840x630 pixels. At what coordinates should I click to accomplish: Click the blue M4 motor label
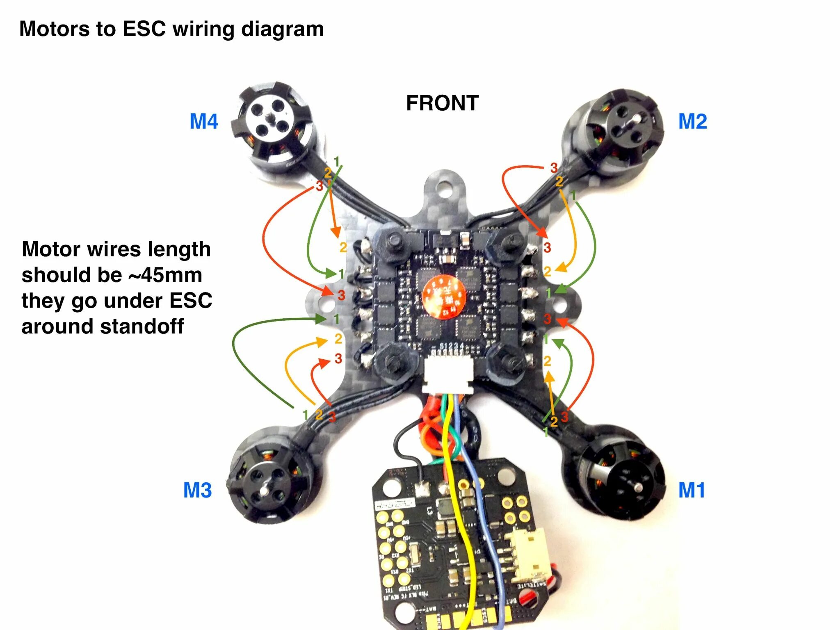[204, 121]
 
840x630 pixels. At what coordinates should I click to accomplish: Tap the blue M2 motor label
[692, 121]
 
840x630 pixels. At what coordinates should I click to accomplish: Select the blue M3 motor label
[197, 490]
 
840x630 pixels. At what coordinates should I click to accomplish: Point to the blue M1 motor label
[692, 490]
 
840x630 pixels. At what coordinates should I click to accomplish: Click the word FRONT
[442, 103]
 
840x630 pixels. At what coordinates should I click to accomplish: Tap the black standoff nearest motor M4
[393, 242]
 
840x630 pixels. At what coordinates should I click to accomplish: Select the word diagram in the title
[283, 29]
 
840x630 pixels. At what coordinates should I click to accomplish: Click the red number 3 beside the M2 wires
[554, 167]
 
